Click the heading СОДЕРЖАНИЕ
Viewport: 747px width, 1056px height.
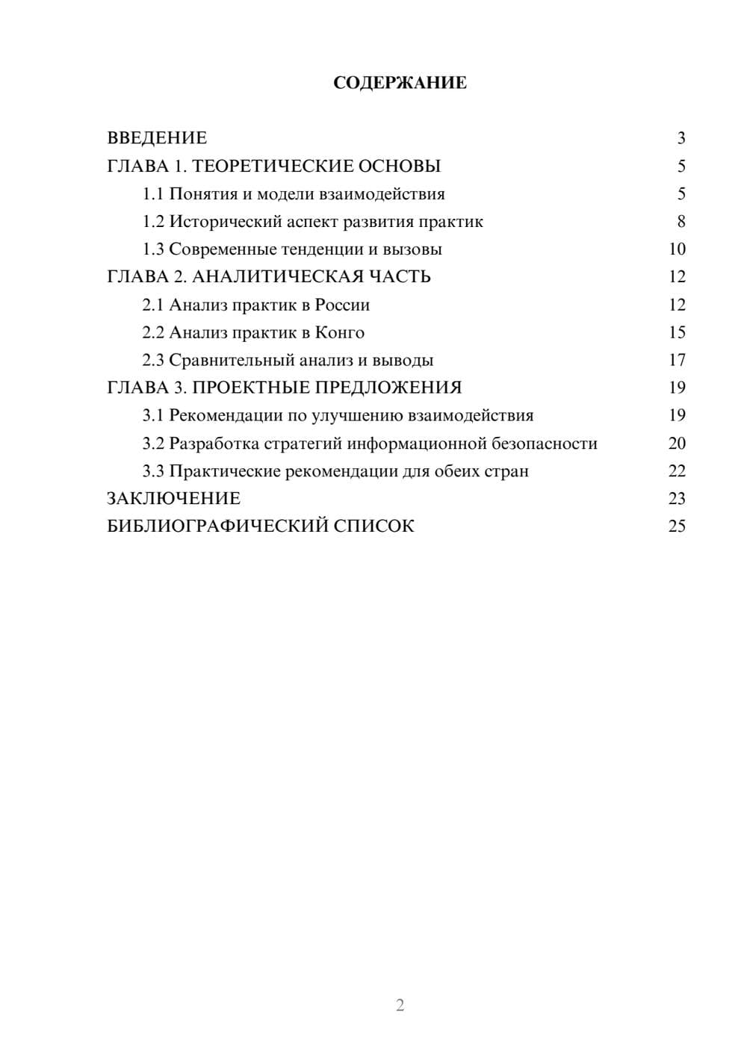(x=400, y=83)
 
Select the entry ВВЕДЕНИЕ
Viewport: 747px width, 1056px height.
(x=157, y=138)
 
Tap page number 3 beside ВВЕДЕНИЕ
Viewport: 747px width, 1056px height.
(x=681, y=138)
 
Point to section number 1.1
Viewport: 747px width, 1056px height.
(x=153, y=194)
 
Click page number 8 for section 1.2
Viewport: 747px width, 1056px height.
(x=681, y=222)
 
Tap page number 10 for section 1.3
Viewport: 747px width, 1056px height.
(x=677, y=249)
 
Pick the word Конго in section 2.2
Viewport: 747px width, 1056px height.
(x=340, y=332)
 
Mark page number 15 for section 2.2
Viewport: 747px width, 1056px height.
(x=677, y=332)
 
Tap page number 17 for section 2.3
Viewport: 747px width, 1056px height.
(x=677, y=360)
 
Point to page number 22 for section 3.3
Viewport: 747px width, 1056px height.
(x=677, y=471)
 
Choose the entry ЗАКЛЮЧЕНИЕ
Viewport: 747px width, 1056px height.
(x=173, y=498)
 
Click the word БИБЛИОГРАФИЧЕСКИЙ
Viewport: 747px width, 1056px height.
(x=217, y=526)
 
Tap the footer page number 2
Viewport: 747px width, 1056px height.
(x=400, y=1005)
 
